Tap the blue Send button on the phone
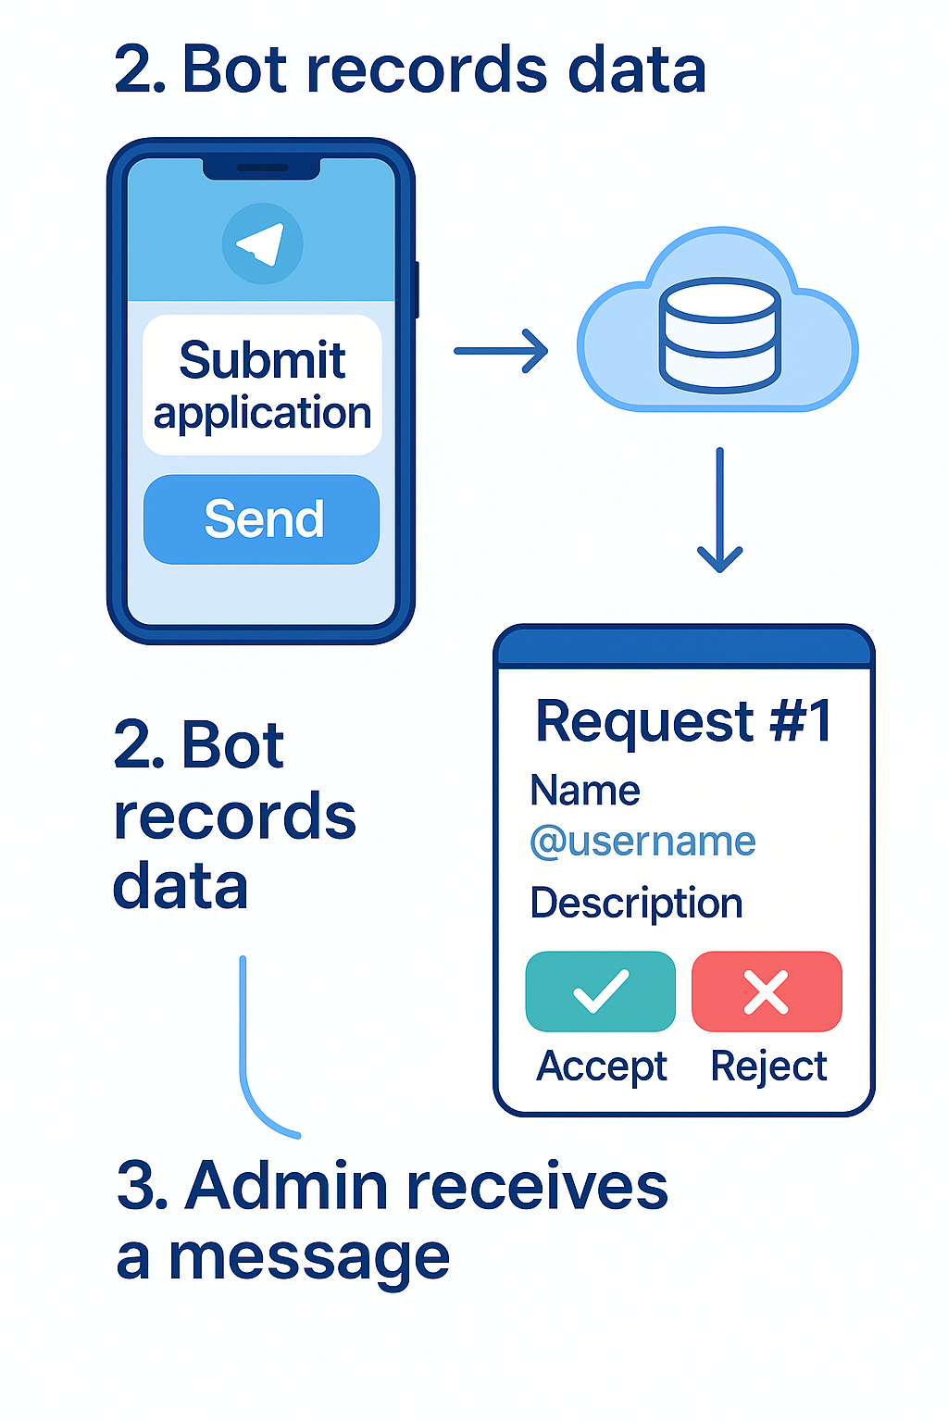tap(262, 519)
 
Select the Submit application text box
tap(262, 385)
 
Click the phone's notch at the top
tap(262, 168)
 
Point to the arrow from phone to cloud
tap(501, 351)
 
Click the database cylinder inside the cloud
tap(719, 334)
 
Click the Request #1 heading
tap(684, 721)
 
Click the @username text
tap(642, 842)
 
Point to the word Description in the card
tap(636, 903)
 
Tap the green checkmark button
tap(601, 992)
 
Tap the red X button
tap(767, 992)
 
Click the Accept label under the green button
tap(602, 1066)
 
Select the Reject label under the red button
tap(768, 1066)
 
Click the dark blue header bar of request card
tap(684, 648)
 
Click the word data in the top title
tap(637, 70)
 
